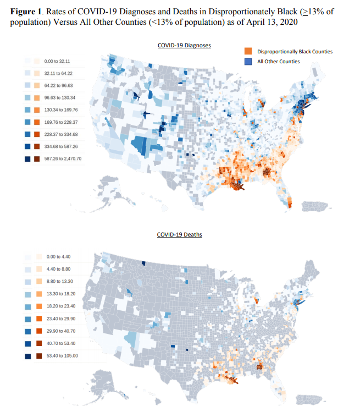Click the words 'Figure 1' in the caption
[26, 12]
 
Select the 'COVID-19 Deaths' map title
[179, 234]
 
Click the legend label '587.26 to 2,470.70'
[63, 158]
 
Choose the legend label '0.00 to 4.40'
[58, 256]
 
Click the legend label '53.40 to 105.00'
[62, 356]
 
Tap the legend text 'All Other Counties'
[278, 61]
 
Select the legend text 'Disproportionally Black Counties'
[295, 52]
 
